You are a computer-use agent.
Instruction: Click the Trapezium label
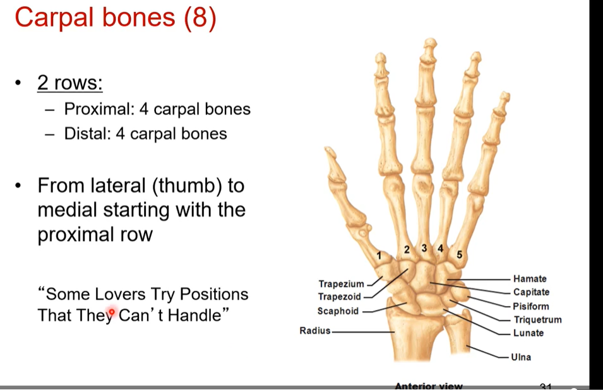[341, 284]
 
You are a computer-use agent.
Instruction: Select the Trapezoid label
[340, 297]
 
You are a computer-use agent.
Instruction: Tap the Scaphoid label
[338, 310]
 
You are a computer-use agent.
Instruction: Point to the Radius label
[314, 330]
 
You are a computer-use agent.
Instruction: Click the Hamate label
[530, 278]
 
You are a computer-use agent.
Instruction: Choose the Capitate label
[531, 292]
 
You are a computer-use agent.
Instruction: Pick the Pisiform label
[531, 306]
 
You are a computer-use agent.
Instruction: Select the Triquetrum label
[537, 320]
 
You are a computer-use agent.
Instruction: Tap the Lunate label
[528, 333]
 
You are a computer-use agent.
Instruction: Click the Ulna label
[522, 357]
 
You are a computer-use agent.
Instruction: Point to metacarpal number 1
[379, 256]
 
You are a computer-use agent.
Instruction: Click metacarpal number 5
[459, 255]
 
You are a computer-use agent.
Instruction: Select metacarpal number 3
[424, 248]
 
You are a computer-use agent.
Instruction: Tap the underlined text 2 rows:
[69, 83]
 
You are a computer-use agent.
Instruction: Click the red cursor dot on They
[112, 312]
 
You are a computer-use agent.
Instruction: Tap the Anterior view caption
[428, 386]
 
